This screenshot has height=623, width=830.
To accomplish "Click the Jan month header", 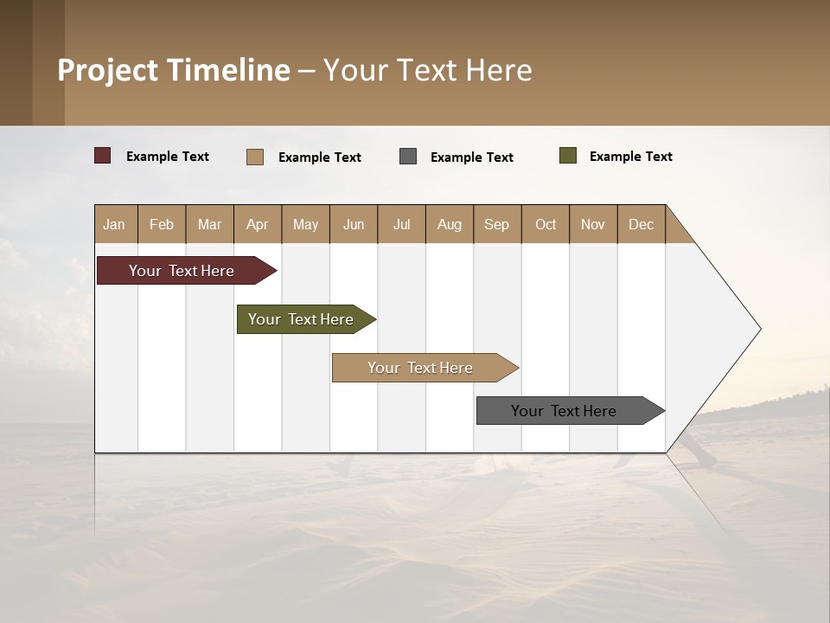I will pos(115,224).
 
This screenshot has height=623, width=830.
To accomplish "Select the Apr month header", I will pos(258,224).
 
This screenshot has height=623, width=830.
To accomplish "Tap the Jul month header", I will pos(401,224).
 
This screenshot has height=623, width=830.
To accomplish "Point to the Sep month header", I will pos(496,224).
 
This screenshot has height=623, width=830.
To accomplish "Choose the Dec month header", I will pos(641,224).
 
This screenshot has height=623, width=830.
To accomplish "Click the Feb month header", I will pos(162,224).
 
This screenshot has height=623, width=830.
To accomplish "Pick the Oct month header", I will pos(546,224).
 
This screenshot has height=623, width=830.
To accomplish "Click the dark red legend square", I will pos(102,156).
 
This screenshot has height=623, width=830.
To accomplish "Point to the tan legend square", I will pos(255,157).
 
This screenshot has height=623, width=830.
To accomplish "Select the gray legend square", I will pos(408,157).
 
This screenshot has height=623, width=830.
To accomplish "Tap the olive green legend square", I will pos(568,156).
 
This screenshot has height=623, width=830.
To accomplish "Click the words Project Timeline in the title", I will pos(174,70).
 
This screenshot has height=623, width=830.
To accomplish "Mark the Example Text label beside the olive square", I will pos(630,157).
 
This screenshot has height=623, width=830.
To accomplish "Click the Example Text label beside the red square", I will pos(168,157).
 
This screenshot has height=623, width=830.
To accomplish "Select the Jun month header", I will pos(354,224).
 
